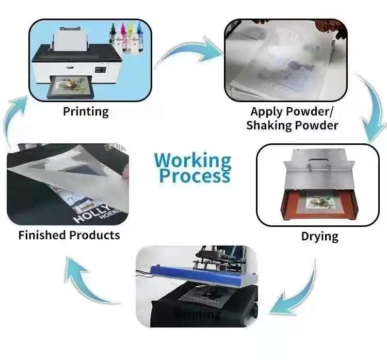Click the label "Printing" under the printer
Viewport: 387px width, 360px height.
(86, 111)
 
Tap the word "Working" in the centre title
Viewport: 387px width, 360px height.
(193, 160)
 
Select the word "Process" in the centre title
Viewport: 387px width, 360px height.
(194, 176)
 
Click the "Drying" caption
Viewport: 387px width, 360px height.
(319, 237)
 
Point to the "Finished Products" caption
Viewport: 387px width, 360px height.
(69, 235)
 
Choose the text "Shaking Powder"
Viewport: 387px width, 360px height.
(292, 125)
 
